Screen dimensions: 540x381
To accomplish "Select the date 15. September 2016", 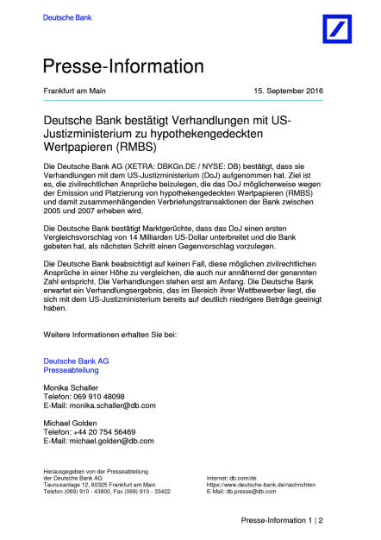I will point(291,91).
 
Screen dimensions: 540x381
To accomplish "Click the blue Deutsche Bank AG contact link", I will point(76,359).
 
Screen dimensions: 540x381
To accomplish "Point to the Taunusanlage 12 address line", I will point(99,485).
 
